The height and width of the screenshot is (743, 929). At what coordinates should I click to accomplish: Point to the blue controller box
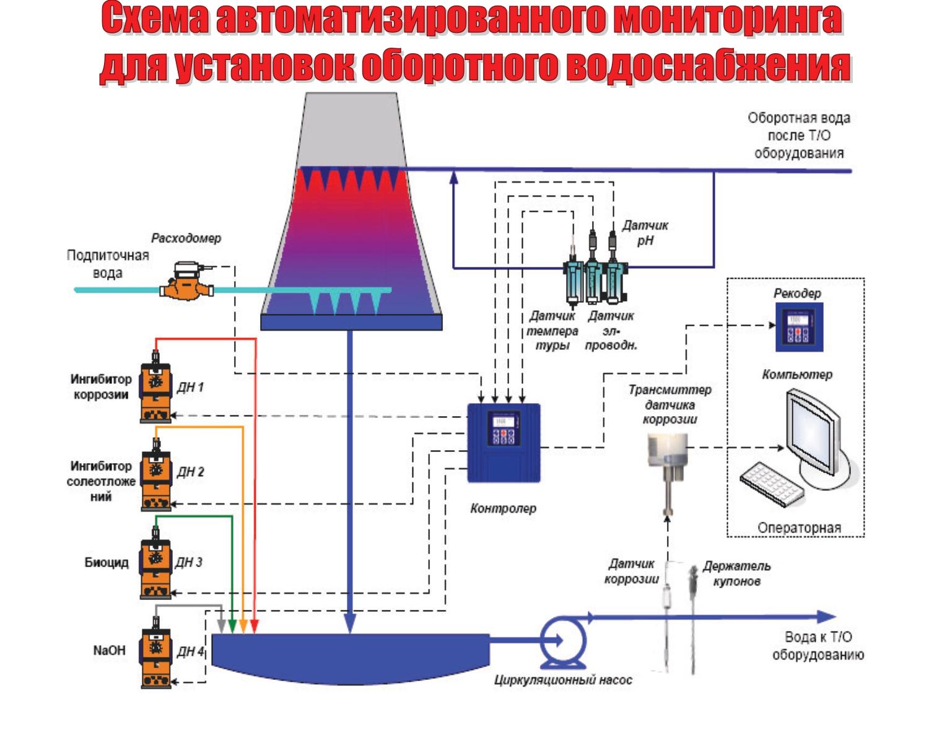tap(504, 442)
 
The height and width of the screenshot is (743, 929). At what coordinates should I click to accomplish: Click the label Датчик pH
tap(645, 233)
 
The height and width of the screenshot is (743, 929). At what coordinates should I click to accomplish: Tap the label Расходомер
tap(186, 238)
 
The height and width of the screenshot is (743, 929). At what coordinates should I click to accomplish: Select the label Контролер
tap(503, 509)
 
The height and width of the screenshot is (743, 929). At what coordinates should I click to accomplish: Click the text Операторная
tap(799, 528)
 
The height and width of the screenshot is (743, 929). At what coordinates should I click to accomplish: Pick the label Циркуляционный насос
tap(563, 680)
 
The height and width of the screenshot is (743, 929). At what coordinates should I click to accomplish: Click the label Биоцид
tap(107, 563)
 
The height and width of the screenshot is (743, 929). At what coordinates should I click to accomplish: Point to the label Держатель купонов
tap(736, 573)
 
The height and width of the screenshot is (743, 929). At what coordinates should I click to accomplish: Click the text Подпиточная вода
tap(108, 264)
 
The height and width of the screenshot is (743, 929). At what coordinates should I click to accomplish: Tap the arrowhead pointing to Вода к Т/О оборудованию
tap(826, 617)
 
